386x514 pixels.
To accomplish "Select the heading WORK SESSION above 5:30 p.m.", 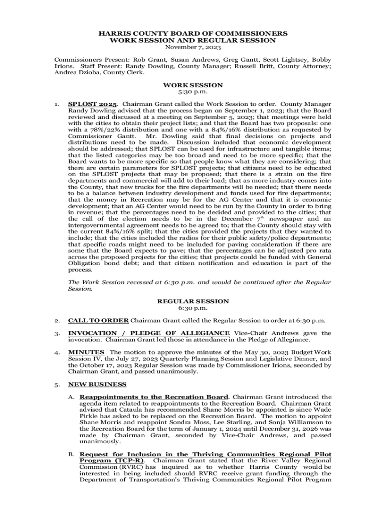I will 192,86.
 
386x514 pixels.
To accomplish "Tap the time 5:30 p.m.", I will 192,93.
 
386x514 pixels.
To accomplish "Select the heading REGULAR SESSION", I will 193,301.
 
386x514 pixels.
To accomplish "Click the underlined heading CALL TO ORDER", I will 98,320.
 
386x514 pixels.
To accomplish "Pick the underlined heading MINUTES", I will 86,352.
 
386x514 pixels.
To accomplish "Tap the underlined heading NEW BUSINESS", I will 97,384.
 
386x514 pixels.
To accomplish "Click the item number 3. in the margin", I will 58,333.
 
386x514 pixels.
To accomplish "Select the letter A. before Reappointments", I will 71,397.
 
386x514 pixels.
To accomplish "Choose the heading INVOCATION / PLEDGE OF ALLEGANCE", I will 149,333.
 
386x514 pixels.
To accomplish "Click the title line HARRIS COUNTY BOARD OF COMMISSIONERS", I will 192,33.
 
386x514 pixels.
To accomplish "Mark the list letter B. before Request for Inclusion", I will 71,454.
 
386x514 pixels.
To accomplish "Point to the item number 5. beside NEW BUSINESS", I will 58,384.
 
